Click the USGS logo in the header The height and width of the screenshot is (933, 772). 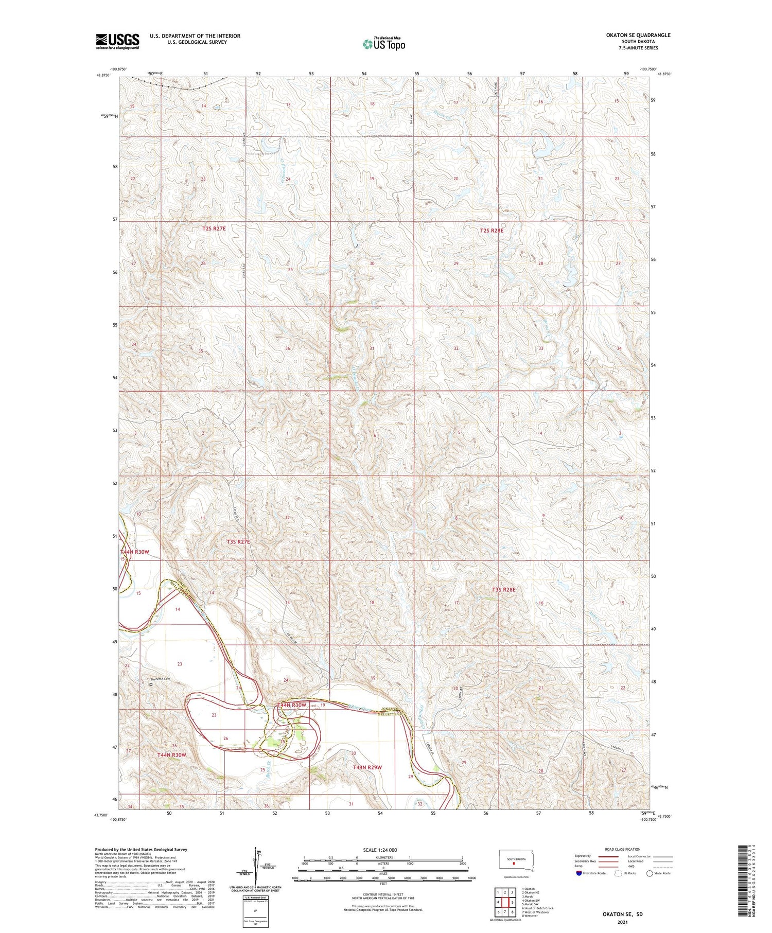pos(117,41)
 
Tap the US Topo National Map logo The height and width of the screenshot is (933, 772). pos(383,44)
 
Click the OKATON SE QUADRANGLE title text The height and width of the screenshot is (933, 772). pos(638,35)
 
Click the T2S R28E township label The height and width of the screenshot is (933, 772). pos(491,231)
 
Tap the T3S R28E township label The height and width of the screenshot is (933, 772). pos(503,590)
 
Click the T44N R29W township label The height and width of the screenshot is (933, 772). pos(367,767)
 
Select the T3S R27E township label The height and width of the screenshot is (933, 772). pos(238,541)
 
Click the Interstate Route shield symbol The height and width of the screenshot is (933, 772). pos(579,873)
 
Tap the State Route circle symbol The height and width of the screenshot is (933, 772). pos(650,873)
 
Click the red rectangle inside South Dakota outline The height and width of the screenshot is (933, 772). pos(513,864)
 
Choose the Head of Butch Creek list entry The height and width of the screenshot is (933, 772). pos(538,908)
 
